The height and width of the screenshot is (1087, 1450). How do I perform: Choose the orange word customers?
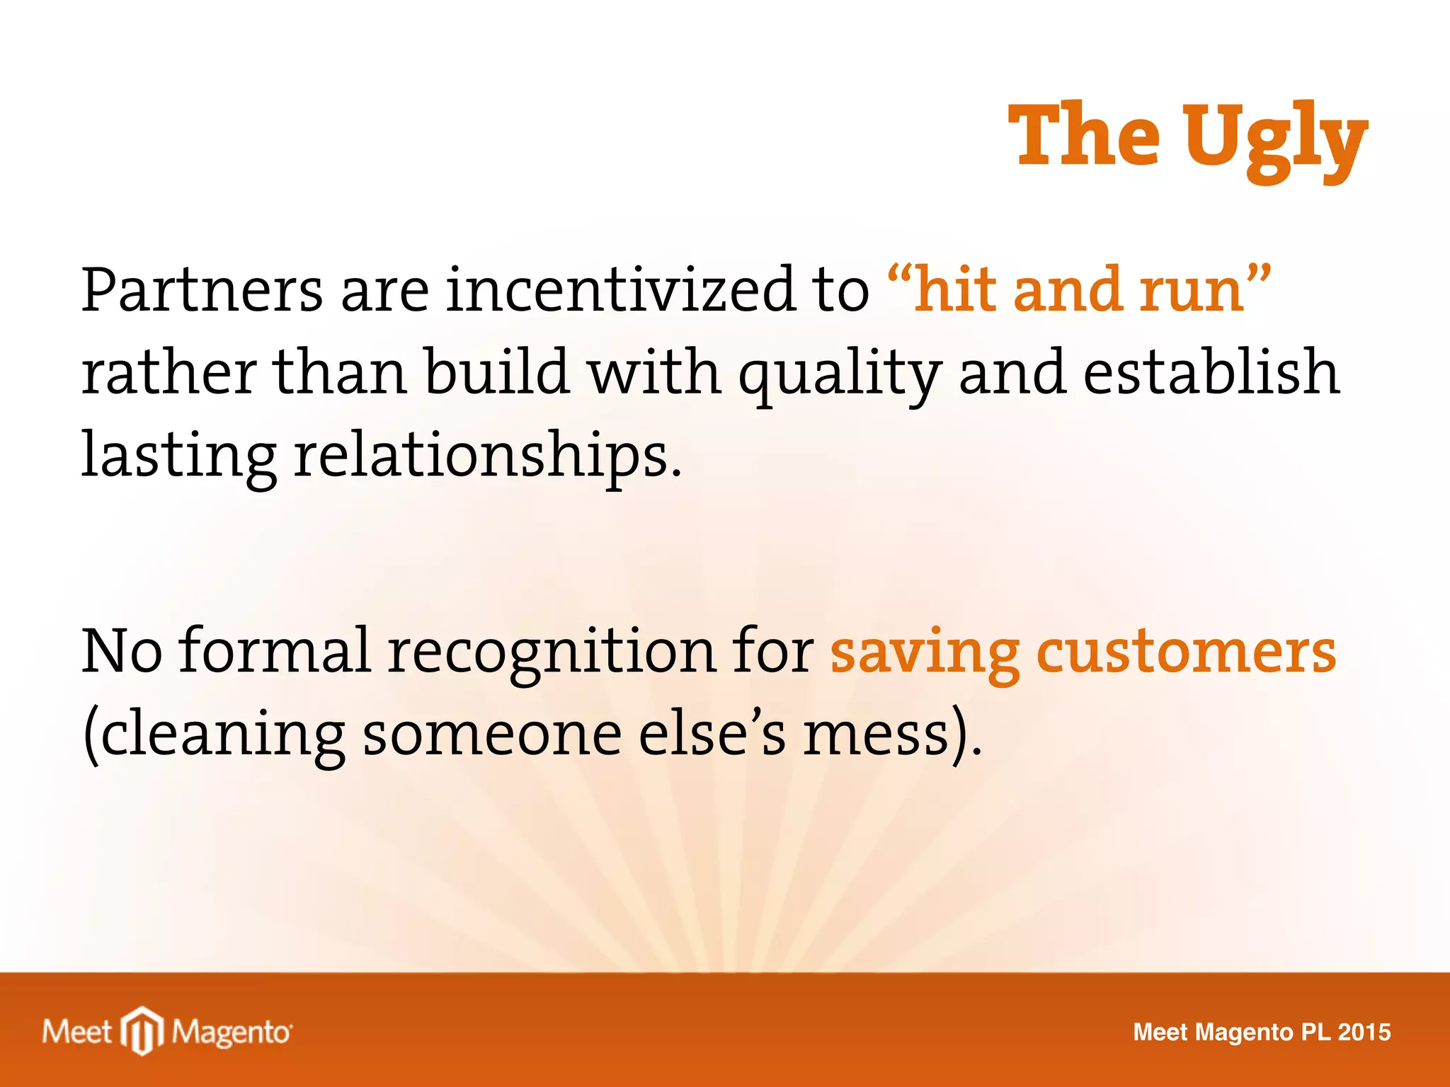click(1186, 652)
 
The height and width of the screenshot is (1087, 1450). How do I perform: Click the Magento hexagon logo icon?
click(142, 1030)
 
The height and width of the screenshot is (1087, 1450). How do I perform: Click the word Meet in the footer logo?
click(76, 1032)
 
